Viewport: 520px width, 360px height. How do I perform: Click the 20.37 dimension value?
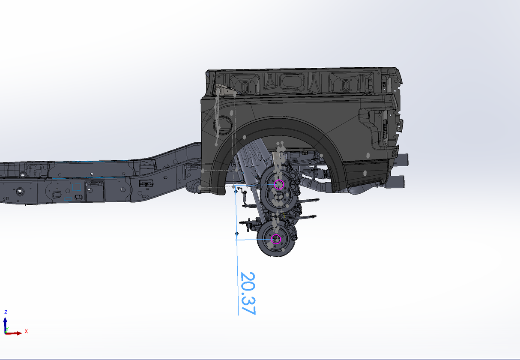point(248,293)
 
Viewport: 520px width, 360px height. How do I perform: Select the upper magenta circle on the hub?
point(279,185)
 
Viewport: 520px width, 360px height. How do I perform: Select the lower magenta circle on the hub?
point(276,239)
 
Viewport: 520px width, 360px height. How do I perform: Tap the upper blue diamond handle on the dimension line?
point(236,192)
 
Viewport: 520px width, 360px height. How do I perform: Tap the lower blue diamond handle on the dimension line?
point(237,234)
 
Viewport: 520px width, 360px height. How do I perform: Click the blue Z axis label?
point(6,312)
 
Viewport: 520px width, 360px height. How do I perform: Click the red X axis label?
point(26,331)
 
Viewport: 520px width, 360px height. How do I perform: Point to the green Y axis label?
point(7,329)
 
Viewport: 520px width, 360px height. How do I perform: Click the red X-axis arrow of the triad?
point(13,333)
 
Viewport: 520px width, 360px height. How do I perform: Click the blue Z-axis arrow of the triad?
point(5,325)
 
